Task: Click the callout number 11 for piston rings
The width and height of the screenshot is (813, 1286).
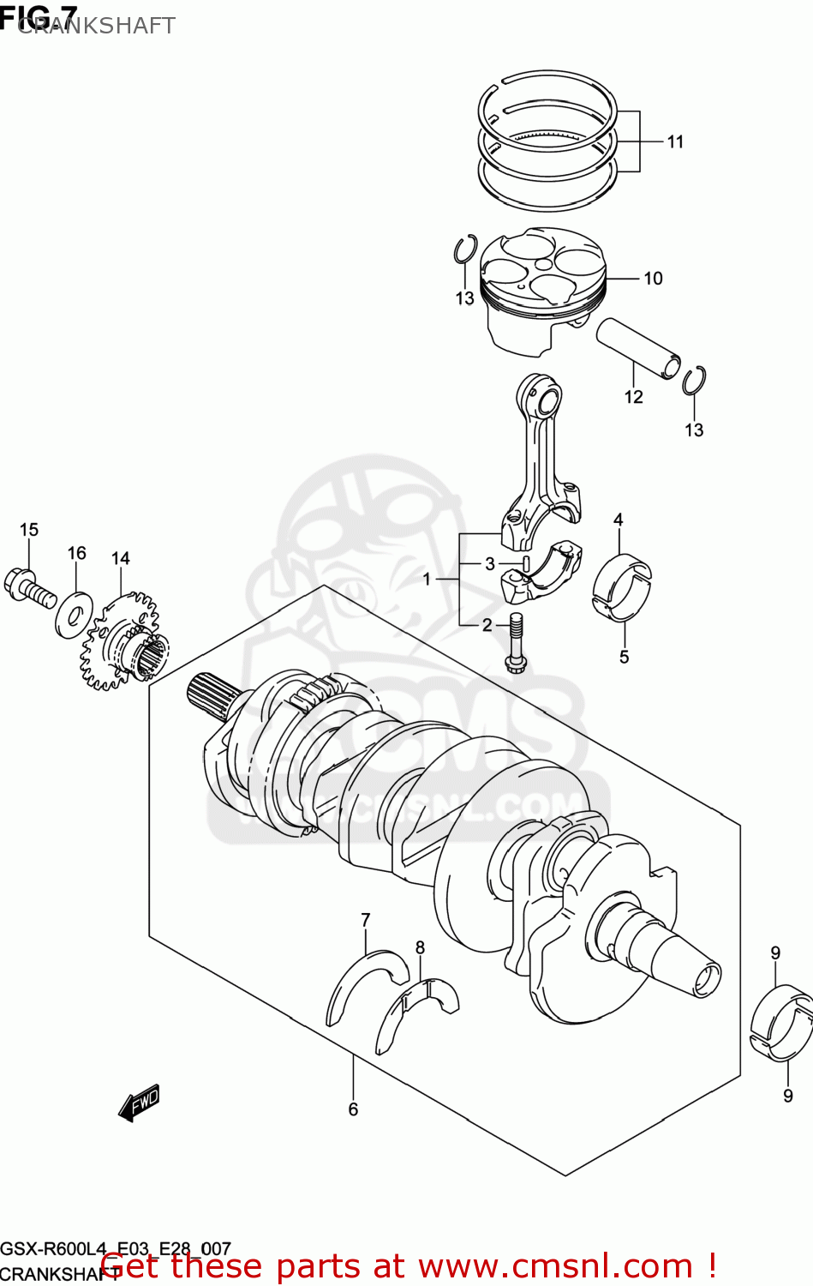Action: (x=675, y=141)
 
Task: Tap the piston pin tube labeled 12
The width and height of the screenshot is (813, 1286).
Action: (x=637, y=347)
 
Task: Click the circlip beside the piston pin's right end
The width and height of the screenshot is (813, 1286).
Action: (x=694, y=381)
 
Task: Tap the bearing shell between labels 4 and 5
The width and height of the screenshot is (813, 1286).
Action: (x=621, y=586)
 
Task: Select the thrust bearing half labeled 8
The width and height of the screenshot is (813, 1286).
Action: (x=417, y=1012)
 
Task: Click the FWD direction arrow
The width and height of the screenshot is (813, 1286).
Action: (x=139, y=1103)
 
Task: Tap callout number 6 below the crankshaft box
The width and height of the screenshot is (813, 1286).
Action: (x=353, y=1109)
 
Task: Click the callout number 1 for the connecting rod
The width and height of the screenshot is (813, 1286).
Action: (x=427, y=580)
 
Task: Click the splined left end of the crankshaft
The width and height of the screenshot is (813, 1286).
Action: (x=208, y=690)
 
